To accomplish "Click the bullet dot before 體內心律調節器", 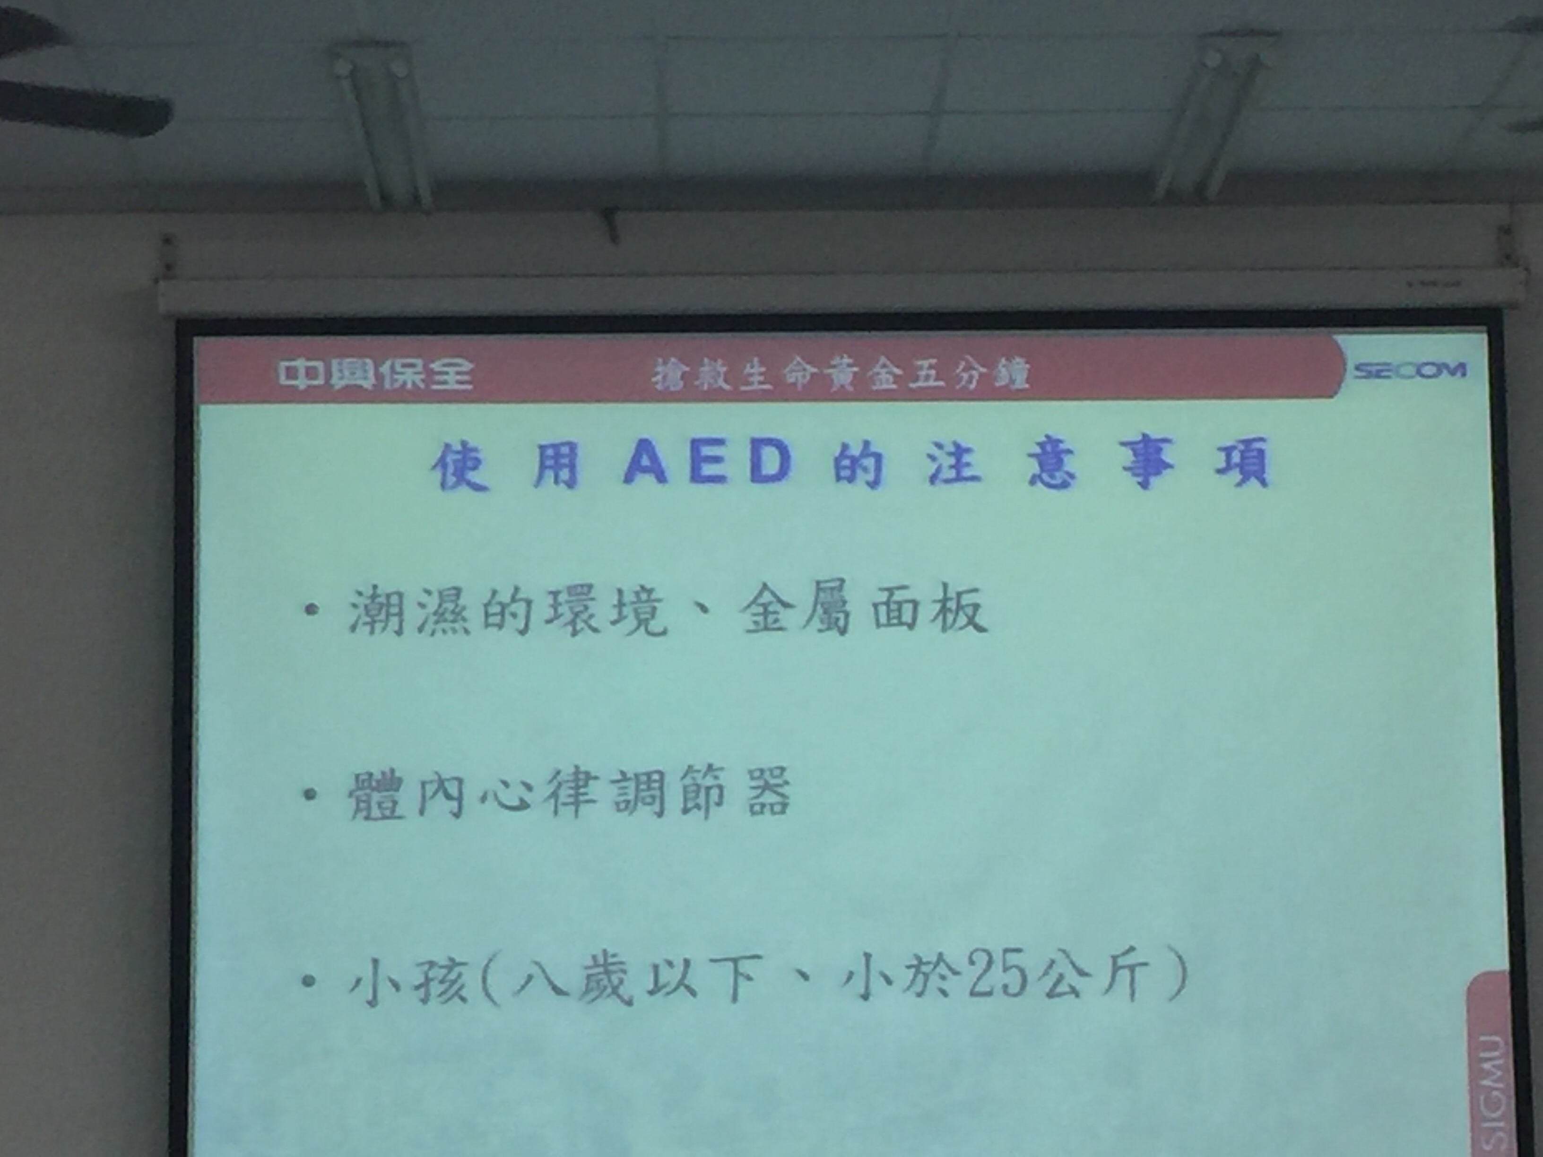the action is pyautogui.click(x=311, y=794).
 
